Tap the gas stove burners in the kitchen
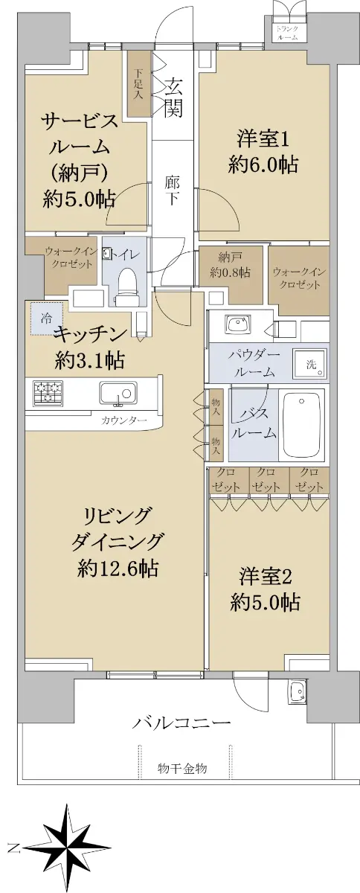click(x=47, y=392)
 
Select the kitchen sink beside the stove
click(x=118, y=394)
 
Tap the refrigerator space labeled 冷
click(x=46, y=319)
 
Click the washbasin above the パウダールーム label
click(x=238, y=323)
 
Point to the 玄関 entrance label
click(x=173, y=97)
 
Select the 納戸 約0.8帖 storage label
click(x=231, y=264)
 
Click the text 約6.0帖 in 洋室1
click(x=263, y=164)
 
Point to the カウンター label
click(x=124, y=420)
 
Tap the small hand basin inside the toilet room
click(x=106, y=254)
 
